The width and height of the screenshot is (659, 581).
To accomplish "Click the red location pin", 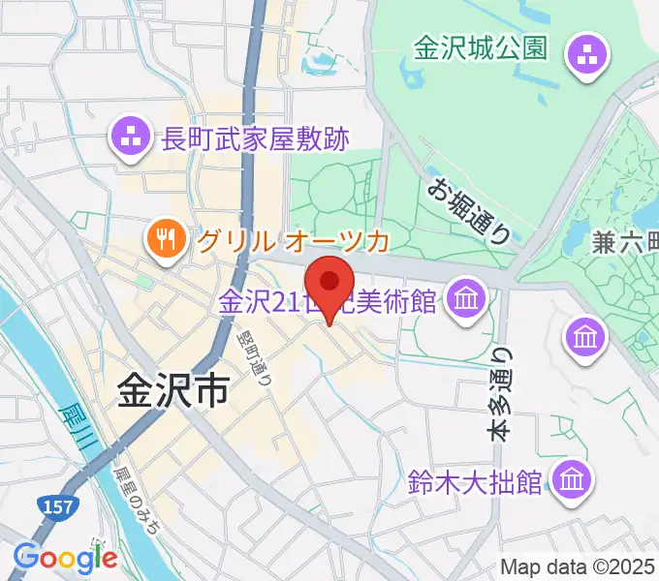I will (x=330, y=282).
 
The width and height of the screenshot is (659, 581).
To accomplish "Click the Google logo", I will (x=65, y=558).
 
